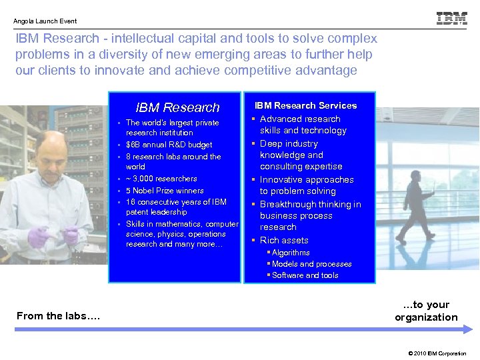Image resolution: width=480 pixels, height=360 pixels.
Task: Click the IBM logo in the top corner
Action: click(451, 19)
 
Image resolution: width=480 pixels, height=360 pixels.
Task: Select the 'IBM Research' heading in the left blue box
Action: click(177, 107)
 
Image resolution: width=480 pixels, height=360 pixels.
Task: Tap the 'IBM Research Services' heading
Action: click(305, 105)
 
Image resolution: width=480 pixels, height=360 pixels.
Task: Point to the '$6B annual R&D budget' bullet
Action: click(169, 145)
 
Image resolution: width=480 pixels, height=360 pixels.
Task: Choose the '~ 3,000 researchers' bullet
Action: click(161, 179)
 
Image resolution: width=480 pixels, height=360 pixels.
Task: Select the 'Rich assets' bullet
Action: click(284, 240)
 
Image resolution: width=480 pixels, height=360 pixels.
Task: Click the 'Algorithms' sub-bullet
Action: click(291, 253)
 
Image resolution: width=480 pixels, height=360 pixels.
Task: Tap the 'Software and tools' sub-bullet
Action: click(305, 275)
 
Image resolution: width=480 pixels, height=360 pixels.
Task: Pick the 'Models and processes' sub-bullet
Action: click(311, 264)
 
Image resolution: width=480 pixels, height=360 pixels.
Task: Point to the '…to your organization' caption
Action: click(426, 311)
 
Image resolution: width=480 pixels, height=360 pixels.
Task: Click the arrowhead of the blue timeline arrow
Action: click(469, 329)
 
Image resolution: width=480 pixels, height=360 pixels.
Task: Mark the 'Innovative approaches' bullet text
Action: click(307, 179)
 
